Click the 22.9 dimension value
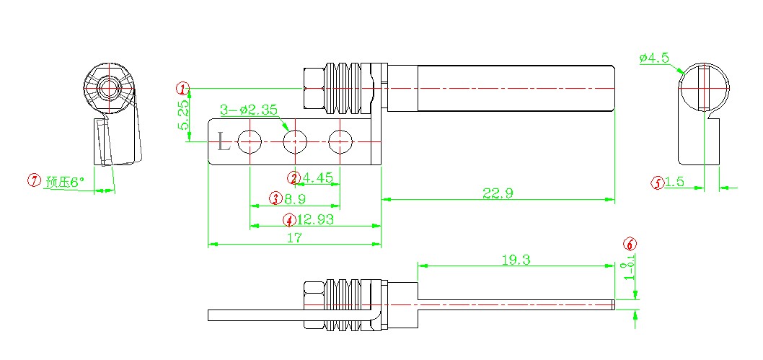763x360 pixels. (498, 192)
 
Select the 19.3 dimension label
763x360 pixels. (516, 260)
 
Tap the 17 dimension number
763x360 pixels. (294, 238)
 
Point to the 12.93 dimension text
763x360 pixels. (315, 219)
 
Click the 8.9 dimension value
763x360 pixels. (294, 198)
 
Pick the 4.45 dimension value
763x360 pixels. (317, 177)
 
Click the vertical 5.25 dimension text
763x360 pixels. (183, 115)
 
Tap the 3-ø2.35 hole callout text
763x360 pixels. (249, 110)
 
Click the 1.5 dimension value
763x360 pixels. (675, 183)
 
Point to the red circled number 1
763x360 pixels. (184, 88)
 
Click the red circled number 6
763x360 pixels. (630, 244)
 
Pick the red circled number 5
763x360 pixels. (657, 183)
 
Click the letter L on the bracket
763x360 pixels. (224, 142)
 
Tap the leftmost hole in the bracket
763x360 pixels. (250, 142)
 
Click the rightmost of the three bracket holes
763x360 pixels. (340, 142)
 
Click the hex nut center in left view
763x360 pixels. (110, 88)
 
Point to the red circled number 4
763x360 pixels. (289, 219)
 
